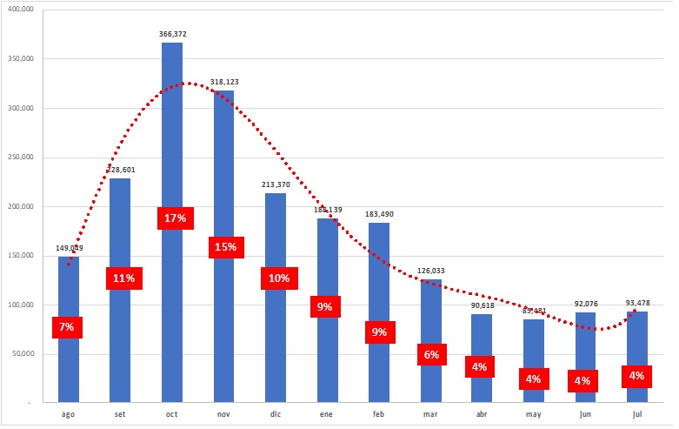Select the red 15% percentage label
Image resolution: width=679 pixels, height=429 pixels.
pyautogui.click(x=225, y=247)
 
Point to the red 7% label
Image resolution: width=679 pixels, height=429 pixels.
pyautogui.click(x=67, y=327)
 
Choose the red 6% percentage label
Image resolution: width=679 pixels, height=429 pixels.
pyautogui.click(x=432, y=354)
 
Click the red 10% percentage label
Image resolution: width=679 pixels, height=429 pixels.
pyautogui.click(x=279, y=278)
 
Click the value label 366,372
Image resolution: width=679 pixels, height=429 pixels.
pyautogui.click(x=172, y=34)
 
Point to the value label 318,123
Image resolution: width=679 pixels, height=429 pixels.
pyautogui.click(x=224, y=82)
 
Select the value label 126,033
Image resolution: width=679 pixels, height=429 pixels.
pyautogui.click(x=431, y=271)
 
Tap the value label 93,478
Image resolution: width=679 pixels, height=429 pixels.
pyautogui.click(x=637, y=303)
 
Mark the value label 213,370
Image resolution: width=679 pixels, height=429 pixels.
pyautogui.click(x=276, y=184)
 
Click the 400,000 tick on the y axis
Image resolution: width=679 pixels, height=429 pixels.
pyautogui.click(x=19, y=10)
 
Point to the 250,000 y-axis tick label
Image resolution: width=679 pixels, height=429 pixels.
pyautogui.click(x=19, y=158)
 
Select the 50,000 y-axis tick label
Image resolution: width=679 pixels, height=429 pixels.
pyautogui.click(x=21, y=354)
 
